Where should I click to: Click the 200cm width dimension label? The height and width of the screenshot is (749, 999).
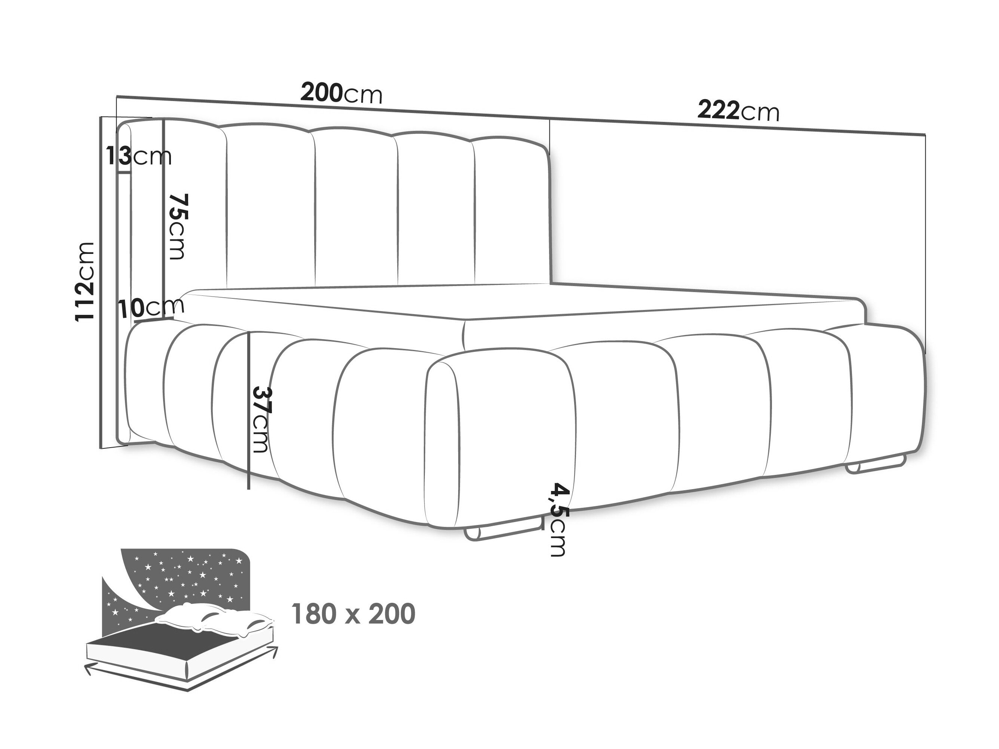point(341,93)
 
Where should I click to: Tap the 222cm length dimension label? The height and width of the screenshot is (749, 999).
point(738,111)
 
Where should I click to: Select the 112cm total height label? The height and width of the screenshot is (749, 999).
point(85,282)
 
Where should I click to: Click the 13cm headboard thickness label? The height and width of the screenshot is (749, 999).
point(139,156)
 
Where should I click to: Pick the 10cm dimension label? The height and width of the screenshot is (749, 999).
point(152,307)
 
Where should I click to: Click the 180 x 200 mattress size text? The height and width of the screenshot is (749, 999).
point(353,614)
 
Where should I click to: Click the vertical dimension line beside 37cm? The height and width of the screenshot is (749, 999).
point(248,410)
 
